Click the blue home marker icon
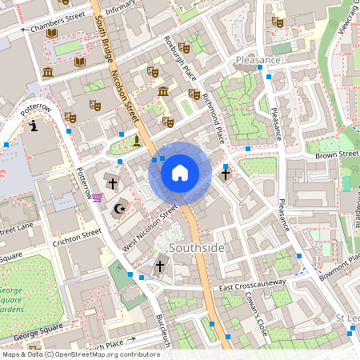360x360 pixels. [x=180, y=172]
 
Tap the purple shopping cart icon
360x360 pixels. [x=98, y=198]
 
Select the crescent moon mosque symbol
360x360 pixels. [x=121, y=210]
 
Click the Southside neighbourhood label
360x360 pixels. [x=196, y=248]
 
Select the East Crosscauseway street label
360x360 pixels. [x=254, y=287]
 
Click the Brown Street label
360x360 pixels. [x=337, y=154]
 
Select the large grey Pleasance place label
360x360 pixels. [x=258, y=60]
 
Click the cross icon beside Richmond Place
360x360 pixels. [x=226, y=173]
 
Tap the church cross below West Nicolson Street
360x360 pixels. [x=159, y=266]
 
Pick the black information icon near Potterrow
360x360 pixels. [x=33, y=126]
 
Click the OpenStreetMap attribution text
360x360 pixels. [x=81, y=354]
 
